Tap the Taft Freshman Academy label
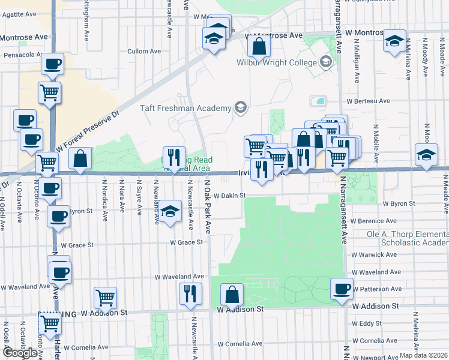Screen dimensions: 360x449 click(x=185, y=108)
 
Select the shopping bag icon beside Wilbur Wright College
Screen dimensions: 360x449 click(x=258, y=45)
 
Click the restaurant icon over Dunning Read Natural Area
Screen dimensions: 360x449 click(x=174, y=157)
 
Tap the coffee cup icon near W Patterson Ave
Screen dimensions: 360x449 click(x=342, y=289)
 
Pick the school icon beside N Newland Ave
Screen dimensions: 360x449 click(x=170, y=211)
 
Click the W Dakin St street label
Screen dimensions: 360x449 click(x=231, y=196)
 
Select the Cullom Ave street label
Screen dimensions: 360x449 click(x=144, y=52)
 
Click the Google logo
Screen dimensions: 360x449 click(x=20, y=353)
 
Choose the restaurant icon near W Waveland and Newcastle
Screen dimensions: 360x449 click(x=191, y=293)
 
